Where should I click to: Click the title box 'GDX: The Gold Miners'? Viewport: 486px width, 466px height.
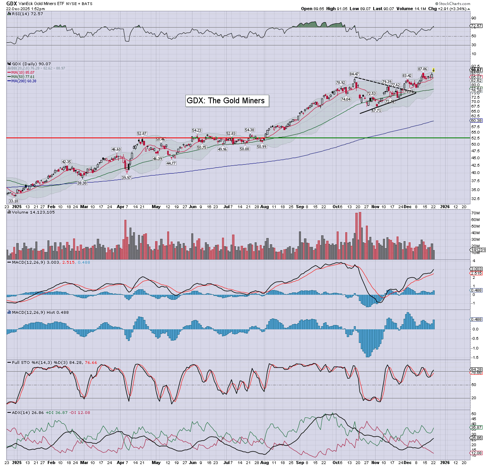pos(226,101)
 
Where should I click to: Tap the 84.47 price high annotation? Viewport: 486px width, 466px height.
pos(354,74)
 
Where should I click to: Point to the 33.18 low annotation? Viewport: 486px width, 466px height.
pos(14,201)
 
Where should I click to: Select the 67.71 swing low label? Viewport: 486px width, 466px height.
pos(376,111)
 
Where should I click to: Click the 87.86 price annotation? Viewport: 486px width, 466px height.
pos(423,69)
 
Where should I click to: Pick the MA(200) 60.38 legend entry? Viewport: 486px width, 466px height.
pos(24,81)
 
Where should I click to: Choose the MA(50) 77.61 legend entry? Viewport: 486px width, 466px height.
pos(23,77)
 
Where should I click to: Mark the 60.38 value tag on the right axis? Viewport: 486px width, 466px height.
pos(476,120)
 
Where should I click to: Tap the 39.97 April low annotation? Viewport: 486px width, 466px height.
pos(126,177)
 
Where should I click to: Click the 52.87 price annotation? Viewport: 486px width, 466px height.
pos(142,134)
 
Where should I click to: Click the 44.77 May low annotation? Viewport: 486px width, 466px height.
pos(171,163)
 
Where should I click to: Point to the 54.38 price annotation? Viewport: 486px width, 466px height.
pos(250,130)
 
